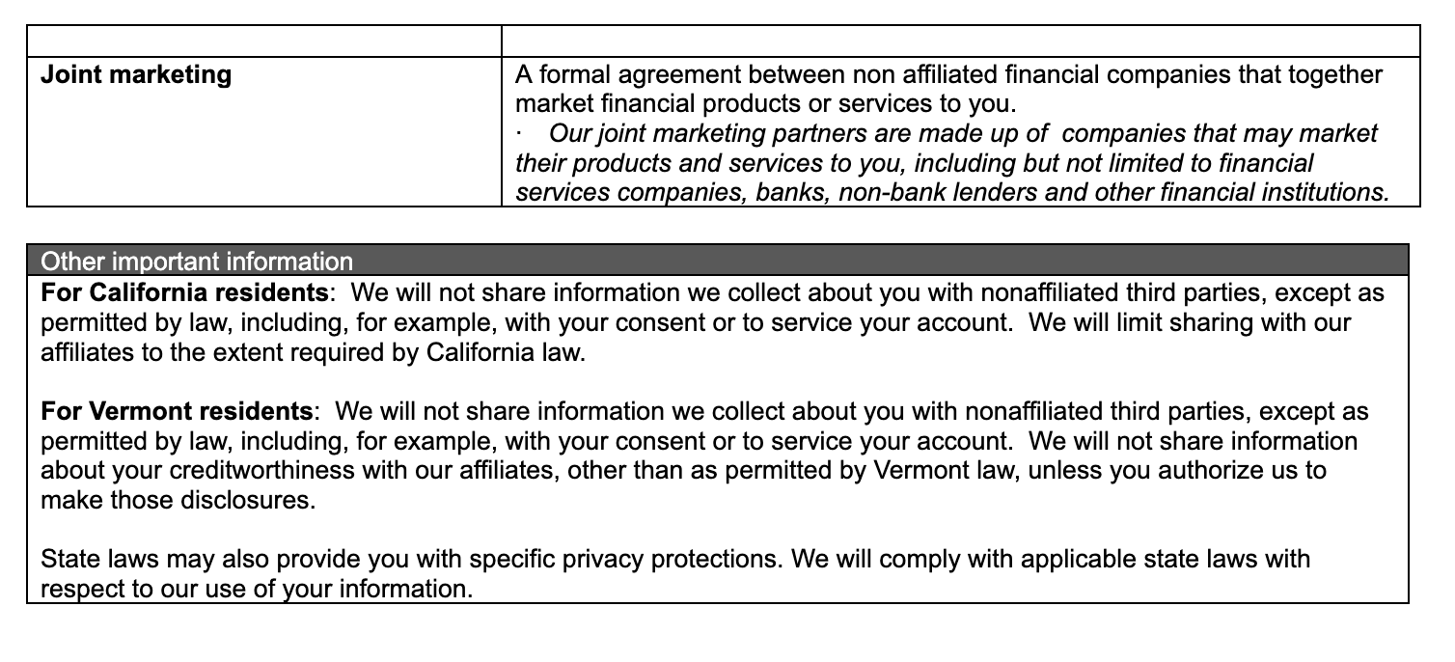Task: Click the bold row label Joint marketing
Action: [x=136, y=75]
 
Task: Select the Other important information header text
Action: [x=197, y=261]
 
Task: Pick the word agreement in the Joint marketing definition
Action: [x=710, y=75]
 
